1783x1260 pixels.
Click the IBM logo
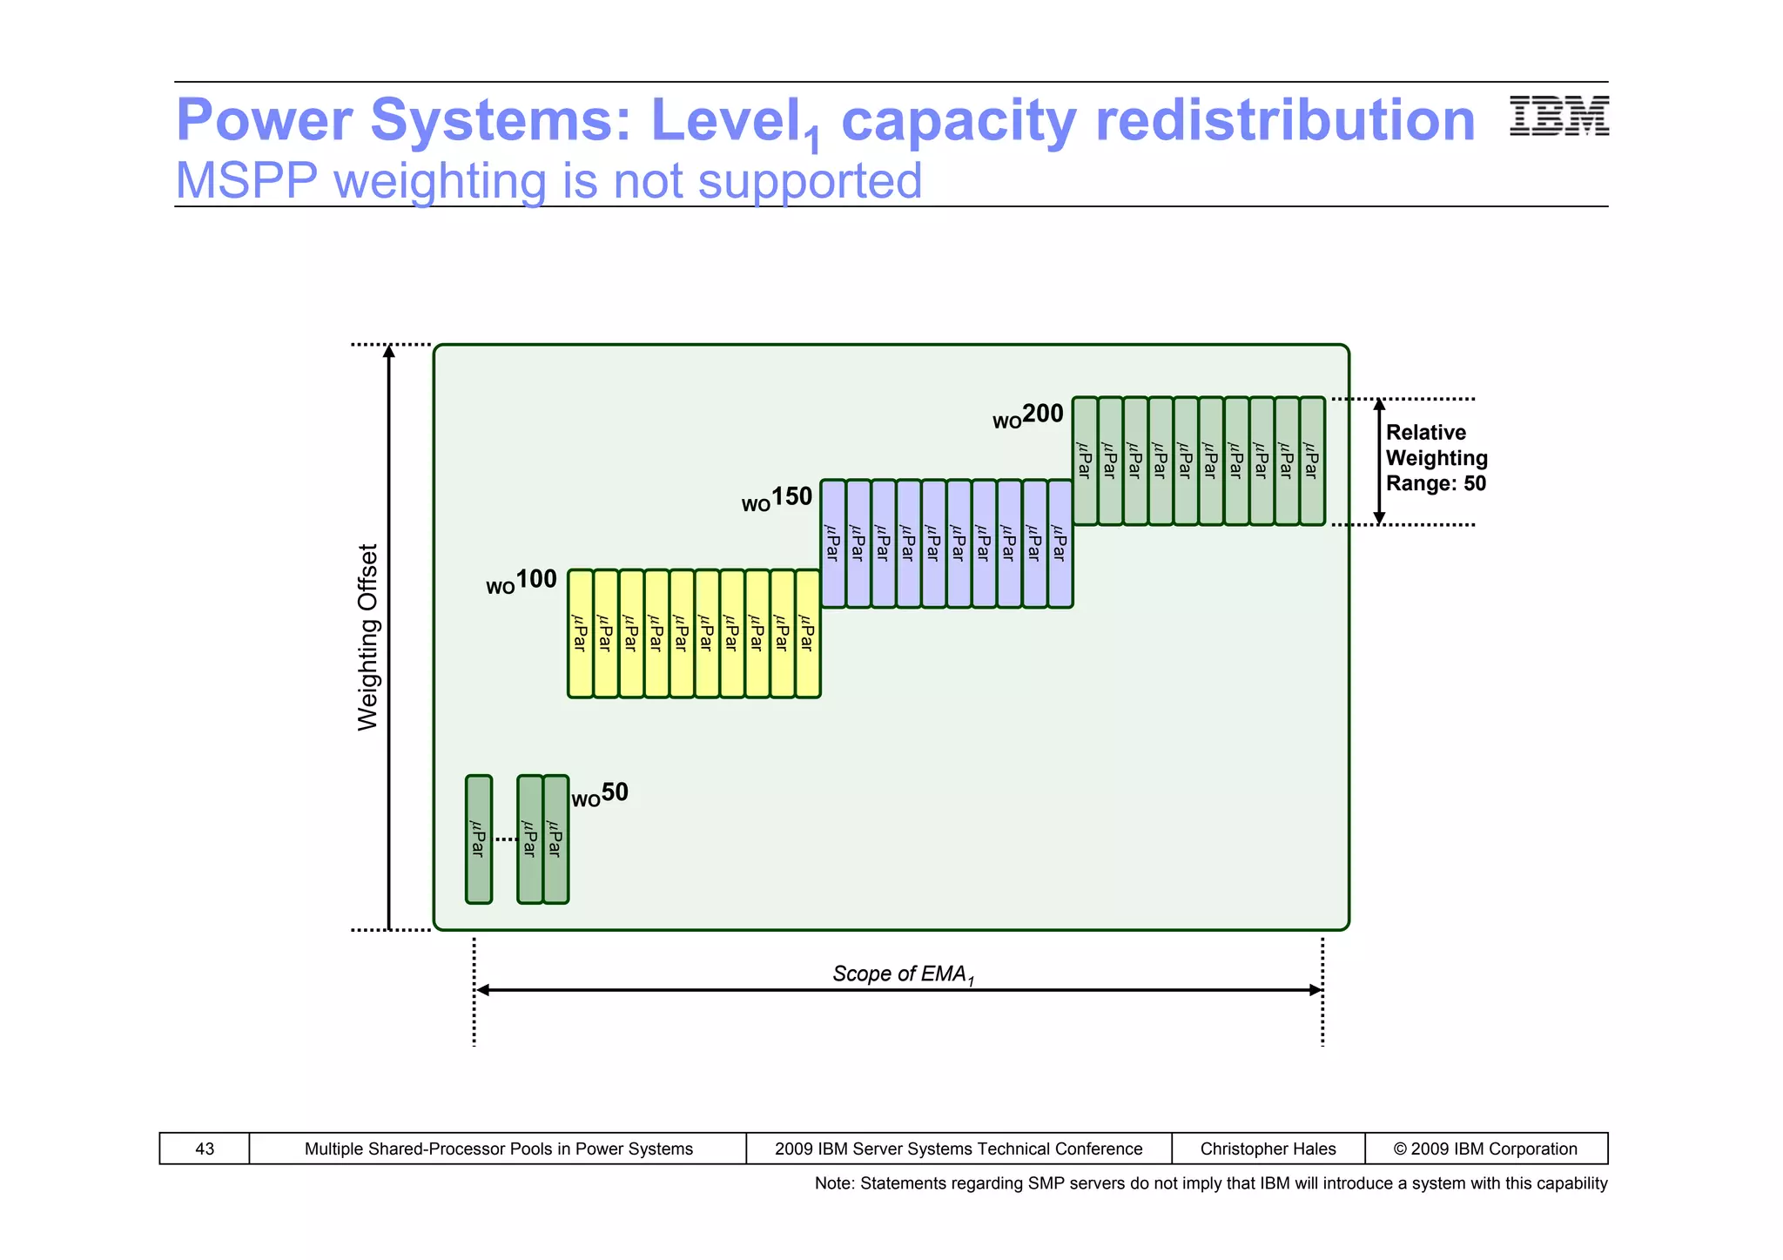1558,116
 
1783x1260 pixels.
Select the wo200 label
1028,415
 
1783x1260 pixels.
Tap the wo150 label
777,499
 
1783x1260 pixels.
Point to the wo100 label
521,581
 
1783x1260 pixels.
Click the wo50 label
600,794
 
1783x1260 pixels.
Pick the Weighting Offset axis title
368,637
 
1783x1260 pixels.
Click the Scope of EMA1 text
902,974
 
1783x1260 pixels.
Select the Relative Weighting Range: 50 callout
1436,458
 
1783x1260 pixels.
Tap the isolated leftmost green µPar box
478,839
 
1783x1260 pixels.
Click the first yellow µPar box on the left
580,633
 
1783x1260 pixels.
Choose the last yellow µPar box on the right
807,633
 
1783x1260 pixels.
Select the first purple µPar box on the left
832,543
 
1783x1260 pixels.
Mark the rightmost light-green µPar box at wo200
1312,461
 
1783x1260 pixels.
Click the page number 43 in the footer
205,1149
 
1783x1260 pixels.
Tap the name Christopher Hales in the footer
1268,1149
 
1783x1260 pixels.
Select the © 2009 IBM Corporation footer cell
1485,1149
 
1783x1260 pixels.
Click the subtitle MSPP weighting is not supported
548,181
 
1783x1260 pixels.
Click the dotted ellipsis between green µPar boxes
505,839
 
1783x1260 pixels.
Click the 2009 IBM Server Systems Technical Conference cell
958,1149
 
